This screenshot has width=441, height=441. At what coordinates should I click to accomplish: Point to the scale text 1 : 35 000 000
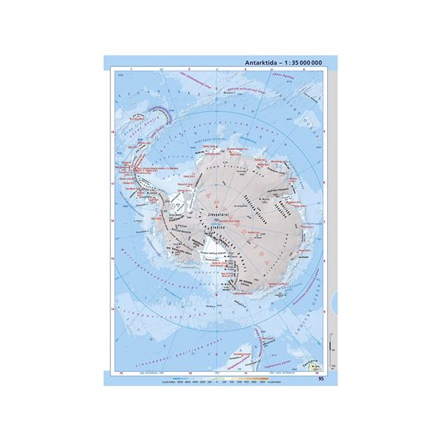(x=302, y=64)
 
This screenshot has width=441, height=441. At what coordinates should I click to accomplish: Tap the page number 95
(x=321, y=379)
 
